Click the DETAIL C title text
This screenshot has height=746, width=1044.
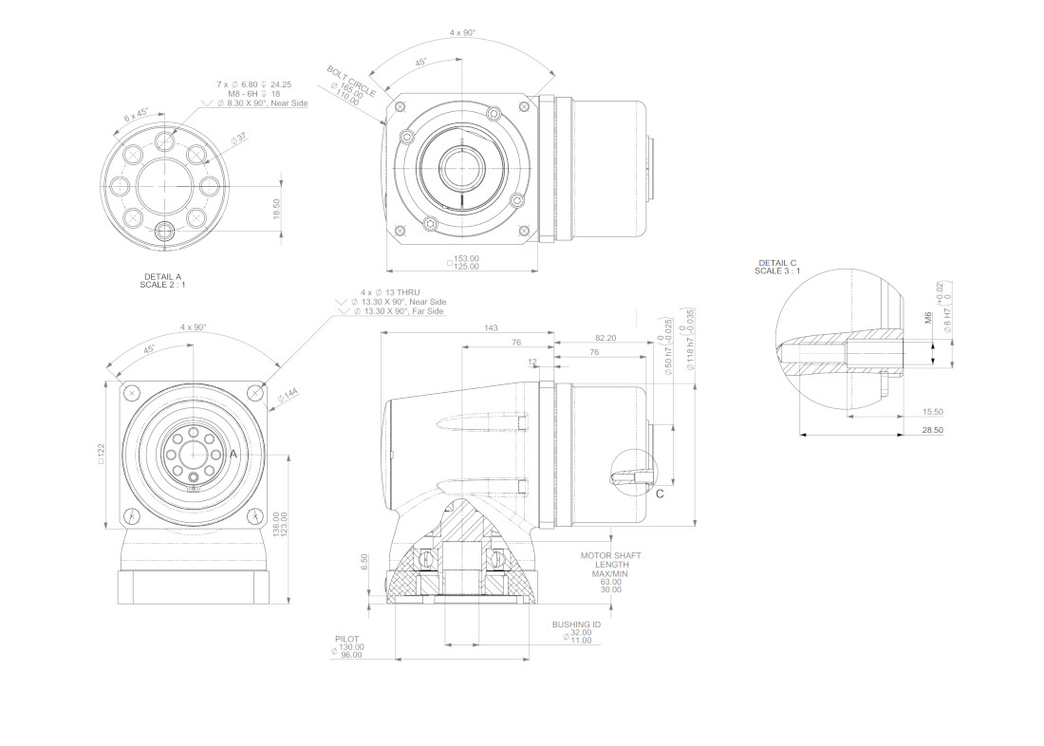(x=777, y=263)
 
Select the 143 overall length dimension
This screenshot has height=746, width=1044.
(x=491, y=327)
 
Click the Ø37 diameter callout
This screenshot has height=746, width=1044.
(x=237, y=139)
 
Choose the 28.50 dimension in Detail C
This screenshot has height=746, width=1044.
(x=933, y=430)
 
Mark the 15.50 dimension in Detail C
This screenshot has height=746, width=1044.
(x=933, y=411)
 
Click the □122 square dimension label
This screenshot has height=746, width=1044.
(x=101, y=453)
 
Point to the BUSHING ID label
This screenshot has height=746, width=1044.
(x=576, y=625)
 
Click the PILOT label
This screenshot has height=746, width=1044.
(x=347, y=639)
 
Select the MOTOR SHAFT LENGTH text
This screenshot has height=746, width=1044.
(x=610, y=560)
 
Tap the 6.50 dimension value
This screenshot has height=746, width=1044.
(x=364, y=561)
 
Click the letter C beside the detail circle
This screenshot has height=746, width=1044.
(x=660, y=494)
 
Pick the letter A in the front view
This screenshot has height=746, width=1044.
(x=233, y=455)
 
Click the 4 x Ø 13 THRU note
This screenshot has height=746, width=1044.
(x=389, y=292)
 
